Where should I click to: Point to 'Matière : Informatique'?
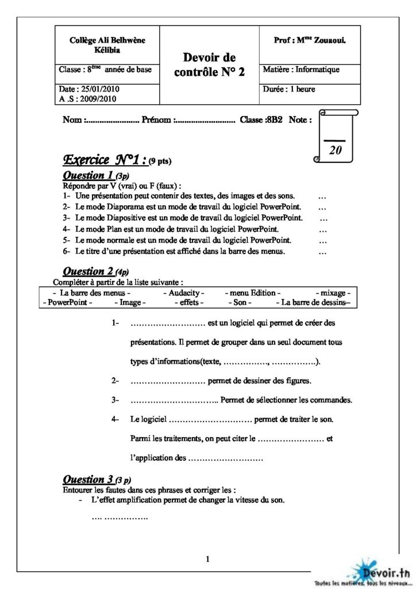pos(301,70)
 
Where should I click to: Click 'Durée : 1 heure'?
pos(289,89)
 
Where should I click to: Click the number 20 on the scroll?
pos(335,150)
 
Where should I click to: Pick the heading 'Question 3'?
pos(88,479)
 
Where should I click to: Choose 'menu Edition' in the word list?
pos(253,293)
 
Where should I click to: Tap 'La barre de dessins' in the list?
pos(313,302)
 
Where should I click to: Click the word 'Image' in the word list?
pos(132,302)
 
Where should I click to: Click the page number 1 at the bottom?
pos(207,558)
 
